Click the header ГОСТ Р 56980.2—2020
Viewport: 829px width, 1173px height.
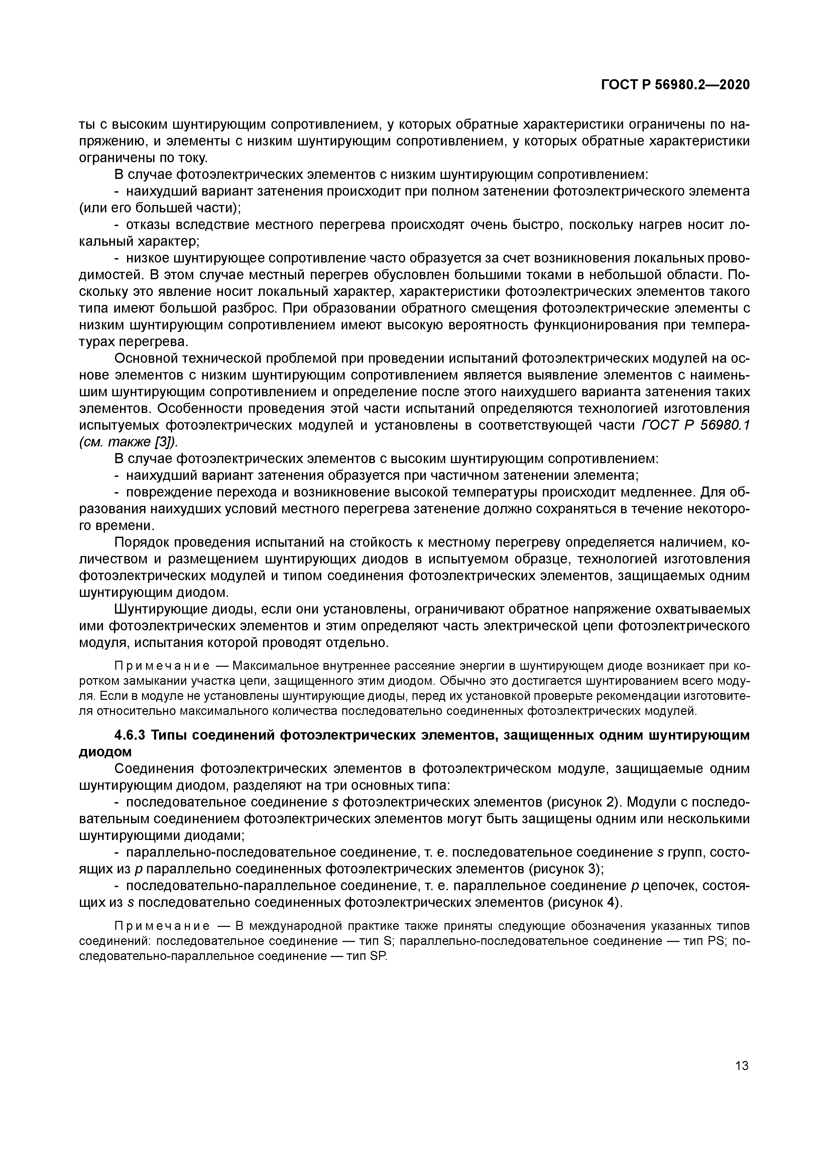[675, 85]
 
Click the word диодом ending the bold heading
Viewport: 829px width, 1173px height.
[105, 752]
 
